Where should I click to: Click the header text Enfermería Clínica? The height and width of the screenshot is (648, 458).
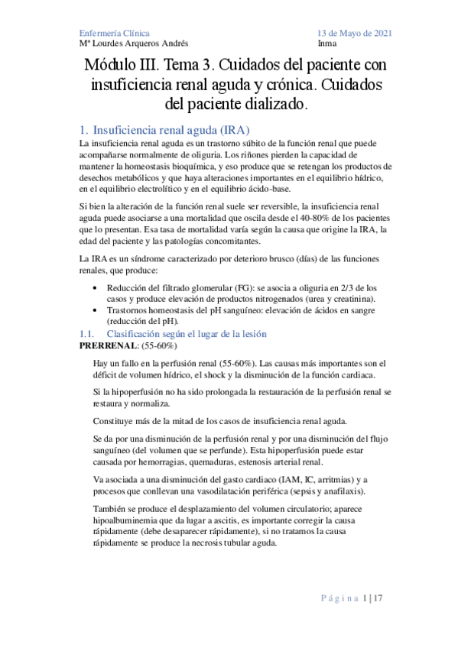coord(115,34)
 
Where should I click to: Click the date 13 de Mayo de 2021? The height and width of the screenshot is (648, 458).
coord(355,34)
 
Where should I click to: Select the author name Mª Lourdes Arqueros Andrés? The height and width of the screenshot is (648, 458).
coord(135,44)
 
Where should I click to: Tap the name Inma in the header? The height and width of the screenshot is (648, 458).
coord(326,44)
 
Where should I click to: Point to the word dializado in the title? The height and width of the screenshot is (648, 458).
coord(272,102)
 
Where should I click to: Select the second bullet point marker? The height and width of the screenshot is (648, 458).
coord(94,310)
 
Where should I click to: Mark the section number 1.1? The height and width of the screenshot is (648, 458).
coord(86,334)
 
